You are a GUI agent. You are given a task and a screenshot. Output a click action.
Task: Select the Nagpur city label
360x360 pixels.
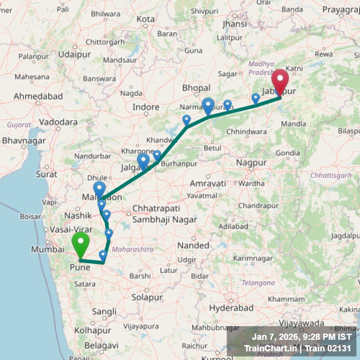tap(251, 163)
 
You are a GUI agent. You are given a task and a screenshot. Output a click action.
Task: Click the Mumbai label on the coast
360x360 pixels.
tap(48, 249)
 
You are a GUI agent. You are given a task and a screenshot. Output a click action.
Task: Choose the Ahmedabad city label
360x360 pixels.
tap(38, 96)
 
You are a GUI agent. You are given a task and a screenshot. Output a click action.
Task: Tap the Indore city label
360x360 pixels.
tap(146, 107)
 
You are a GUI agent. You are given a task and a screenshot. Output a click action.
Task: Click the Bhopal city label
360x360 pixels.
tap(196, 88)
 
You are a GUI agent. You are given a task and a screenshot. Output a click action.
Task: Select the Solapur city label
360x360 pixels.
tap(147, 298)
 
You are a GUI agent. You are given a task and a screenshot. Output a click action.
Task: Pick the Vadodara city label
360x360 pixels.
tap(58, 122)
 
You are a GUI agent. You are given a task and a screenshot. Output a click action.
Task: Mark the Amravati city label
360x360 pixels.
tap(207, 183)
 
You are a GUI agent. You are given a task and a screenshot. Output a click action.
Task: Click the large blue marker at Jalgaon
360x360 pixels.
tap(143, 161)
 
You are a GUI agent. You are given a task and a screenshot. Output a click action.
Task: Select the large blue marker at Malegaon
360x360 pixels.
tap(99, 189)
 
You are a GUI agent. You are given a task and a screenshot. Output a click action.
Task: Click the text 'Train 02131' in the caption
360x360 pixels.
tap(331, 348)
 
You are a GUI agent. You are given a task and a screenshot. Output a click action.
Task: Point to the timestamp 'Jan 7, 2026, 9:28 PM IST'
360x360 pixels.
tap(301, 337)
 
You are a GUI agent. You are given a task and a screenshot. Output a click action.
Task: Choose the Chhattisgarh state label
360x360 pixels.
tap(331, 176)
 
